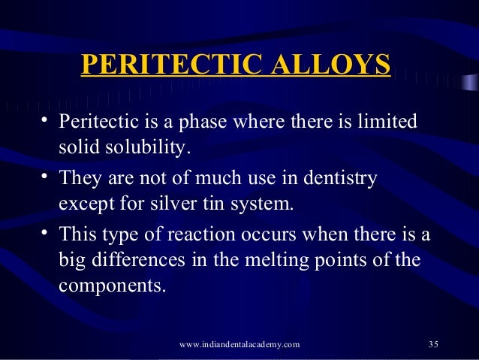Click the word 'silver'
pyautogui.click(x=177, y=204)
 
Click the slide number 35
pyautogui.click(x=432, y=344)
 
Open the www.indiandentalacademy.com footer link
pyautogui.click(x=240, y=344)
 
